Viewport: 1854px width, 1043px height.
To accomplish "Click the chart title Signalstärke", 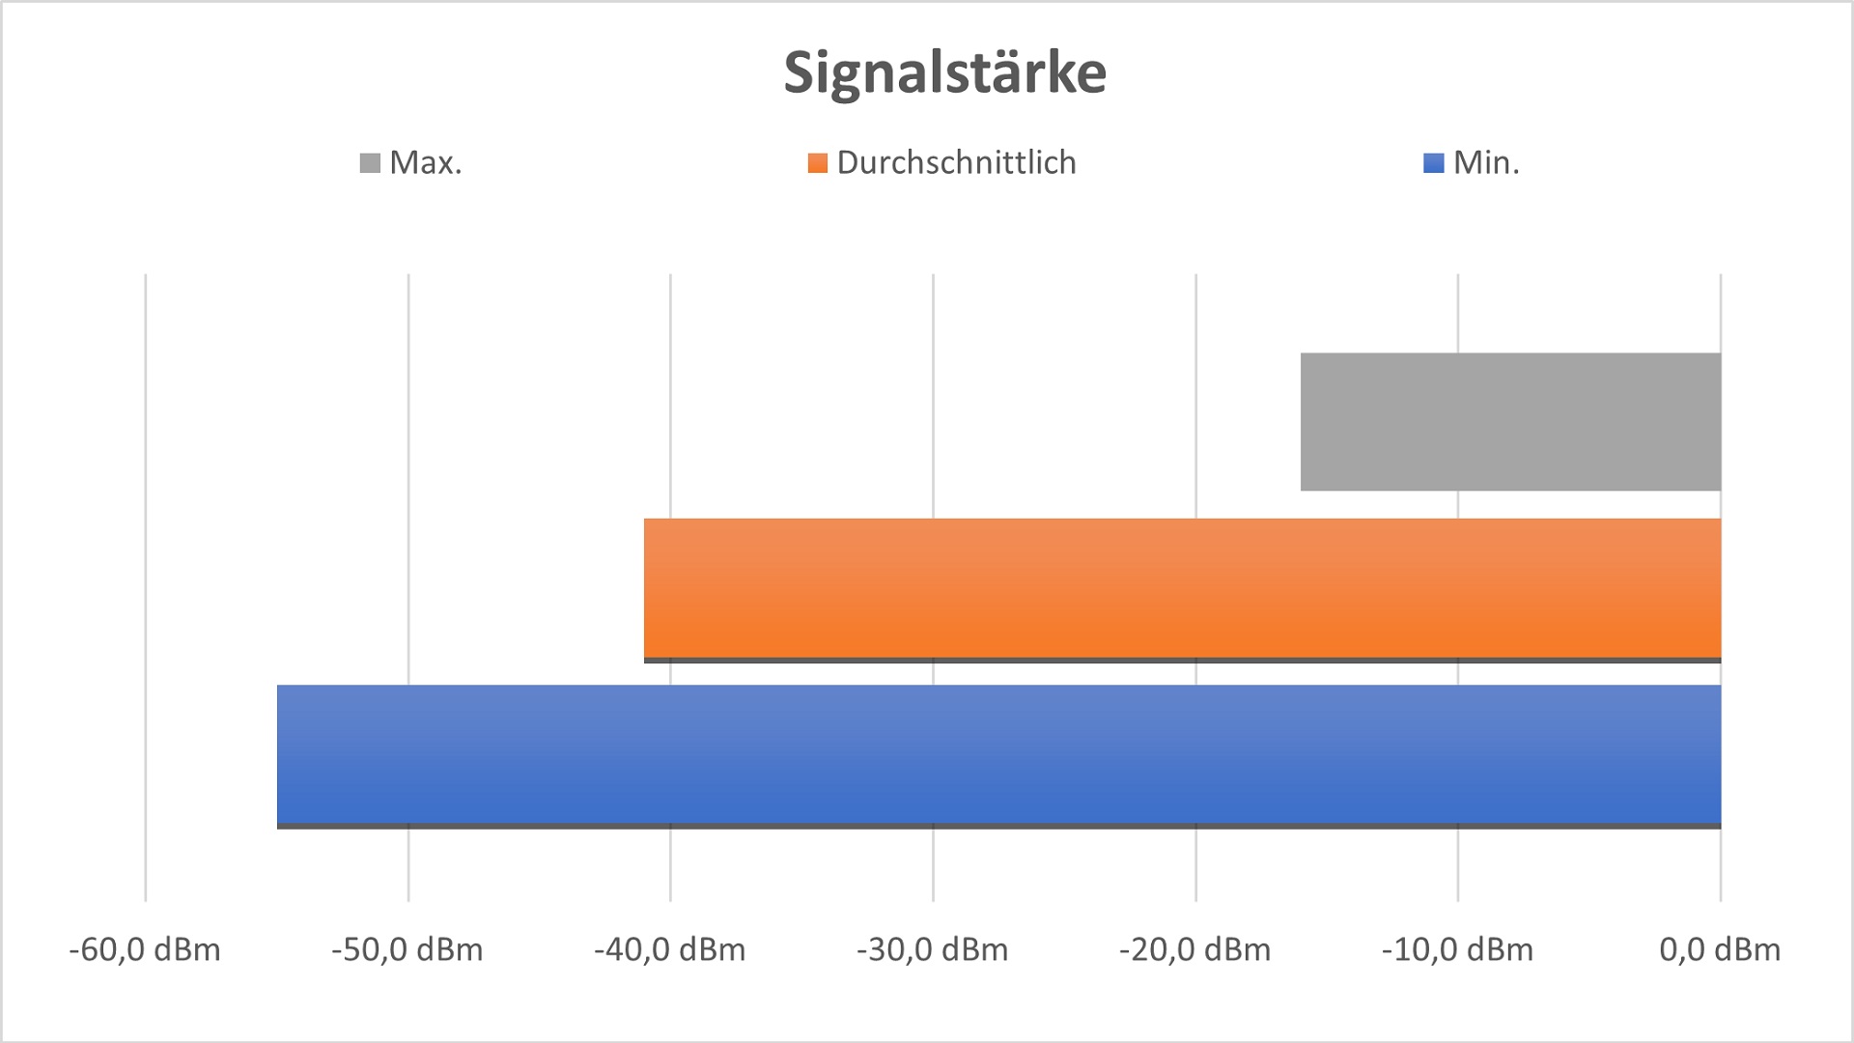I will click(944, 72).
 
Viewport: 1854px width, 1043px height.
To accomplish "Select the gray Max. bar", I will click(1510, 422).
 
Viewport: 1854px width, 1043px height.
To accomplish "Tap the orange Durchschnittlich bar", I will click(1182, 588).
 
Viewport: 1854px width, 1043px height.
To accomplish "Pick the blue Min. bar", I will click(998, 754).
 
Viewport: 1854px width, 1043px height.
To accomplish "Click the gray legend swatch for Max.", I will click(370, 163).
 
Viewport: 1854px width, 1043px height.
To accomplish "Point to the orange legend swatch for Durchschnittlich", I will click(818, 163).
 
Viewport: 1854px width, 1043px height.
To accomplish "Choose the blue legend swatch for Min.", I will click(1434, 163).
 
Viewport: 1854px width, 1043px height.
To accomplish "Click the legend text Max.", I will click(426, 162).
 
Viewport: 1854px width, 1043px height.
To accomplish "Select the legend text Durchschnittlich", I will click(956, 162).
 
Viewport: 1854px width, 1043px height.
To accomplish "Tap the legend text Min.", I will click(1486, 162).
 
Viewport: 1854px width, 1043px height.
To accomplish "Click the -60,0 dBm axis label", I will click(145, 950).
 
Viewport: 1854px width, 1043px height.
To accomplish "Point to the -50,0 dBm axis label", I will click(407, 950).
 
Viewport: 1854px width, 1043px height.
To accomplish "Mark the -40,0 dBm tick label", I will click(670, 950).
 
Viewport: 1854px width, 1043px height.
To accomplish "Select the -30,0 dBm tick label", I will click(933, 950).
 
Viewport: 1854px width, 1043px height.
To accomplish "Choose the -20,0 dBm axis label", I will click(1195, 950).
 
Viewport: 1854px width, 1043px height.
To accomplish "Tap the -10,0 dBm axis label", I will click(1457, 950).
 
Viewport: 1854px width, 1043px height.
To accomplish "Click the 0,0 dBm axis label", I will click(1720, 950).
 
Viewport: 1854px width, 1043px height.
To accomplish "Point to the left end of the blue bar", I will click(279, 754).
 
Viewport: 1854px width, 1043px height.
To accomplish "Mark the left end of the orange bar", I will click(646, 588).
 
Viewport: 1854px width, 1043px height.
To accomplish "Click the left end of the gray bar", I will click(1303, 422).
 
